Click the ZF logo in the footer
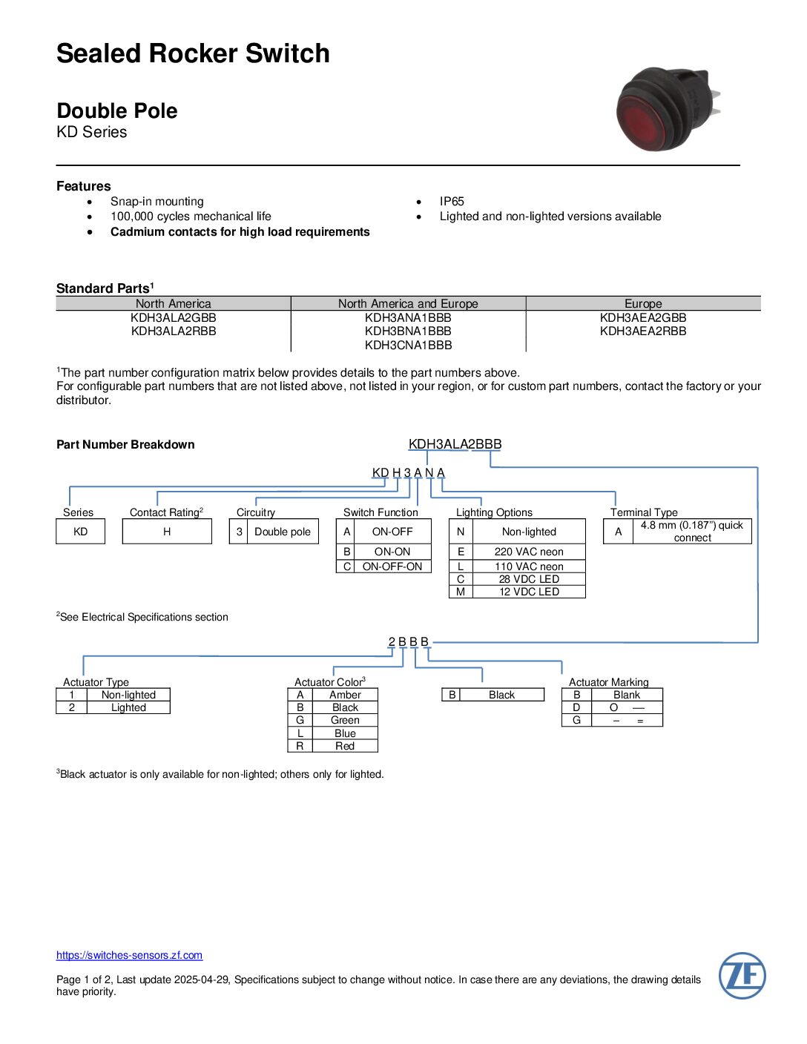point(742,975)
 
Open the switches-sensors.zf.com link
point(129,955)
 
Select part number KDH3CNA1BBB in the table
point(408,345)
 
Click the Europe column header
point(643,303)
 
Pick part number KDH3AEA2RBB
point(643,331)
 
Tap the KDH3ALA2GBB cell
point(174,317)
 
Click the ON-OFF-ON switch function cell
point(392,566)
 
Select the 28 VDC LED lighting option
point(529,579)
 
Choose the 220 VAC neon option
point(529,552)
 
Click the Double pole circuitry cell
point(283,532)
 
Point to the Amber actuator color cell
point(345,695)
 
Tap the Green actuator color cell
point(345,720)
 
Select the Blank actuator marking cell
point(626,695)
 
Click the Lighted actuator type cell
point(128,707)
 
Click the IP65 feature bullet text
point(452,201)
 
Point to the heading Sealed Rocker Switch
point(193,53)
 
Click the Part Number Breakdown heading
point(125,444)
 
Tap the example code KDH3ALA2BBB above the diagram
point(455,444)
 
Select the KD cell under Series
point(80,532)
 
